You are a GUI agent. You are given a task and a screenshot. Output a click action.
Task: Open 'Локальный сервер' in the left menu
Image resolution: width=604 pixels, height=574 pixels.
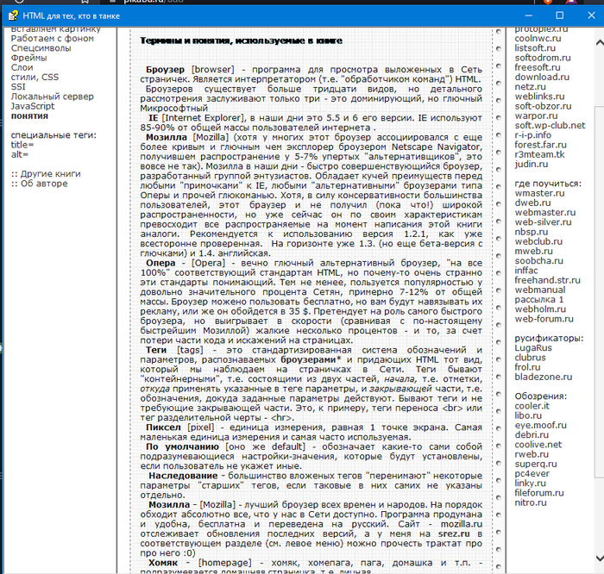coord(53,97)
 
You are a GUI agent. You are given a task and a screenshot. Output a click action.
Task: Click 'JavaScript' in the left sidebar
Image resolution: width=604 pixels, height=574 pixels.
coord(34,106)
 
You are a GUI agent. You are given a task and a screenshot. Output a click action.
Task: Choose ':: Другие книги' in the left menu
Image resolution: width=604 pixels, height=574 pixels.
coord(47,173)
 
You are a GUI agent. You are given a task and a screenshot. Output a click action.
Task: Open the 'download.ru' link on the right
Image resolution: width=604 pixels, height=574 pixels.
coord(542,78)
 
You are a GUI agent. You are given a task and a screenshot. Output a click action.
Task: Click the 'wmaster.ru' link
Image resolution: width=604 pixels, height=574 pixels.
coord(539,194)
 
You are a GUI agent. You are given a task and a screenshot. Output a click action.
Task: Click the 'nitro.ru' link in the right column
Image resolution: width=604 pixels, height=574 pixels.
coord(531,502)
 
